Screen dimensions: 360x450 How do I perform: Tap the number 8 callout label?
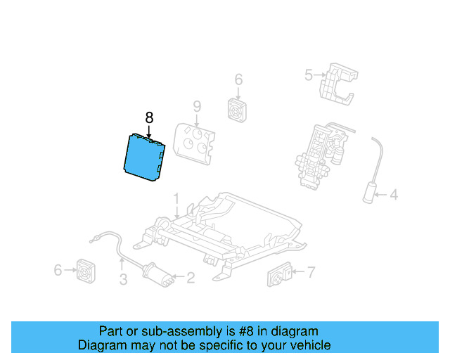[148, 117]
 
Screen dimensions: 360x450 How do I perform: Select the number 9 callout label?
[197, 107]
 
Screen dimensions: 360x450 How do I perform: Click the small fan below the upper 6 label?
[237, 109]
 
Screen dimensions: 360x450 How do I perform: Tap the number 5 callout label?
[307, 74]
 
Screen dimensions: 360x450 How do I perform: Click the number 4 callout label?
[394, 195]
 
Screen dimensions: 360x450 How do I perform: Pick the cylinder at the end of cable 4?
[368, 191]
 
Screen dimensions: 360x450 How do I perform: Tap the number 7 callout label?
[311, 271]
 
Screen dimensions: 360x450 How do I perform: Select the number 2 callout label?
[190, 278]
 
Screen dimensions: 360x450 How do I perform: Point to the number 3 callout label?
[123, 281]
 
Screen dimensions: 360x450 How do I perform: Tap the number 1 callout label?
[176, 198]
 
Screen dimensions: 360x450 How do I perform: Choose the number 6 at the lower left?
[58, 269]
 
